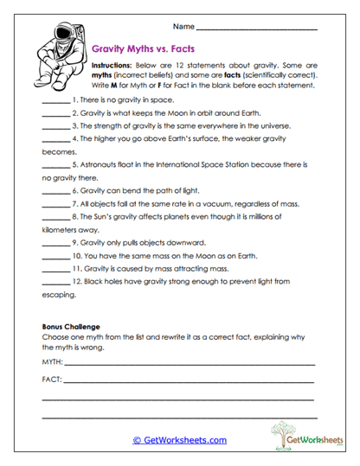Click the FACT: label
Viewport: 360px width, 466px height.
(52, 379)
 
